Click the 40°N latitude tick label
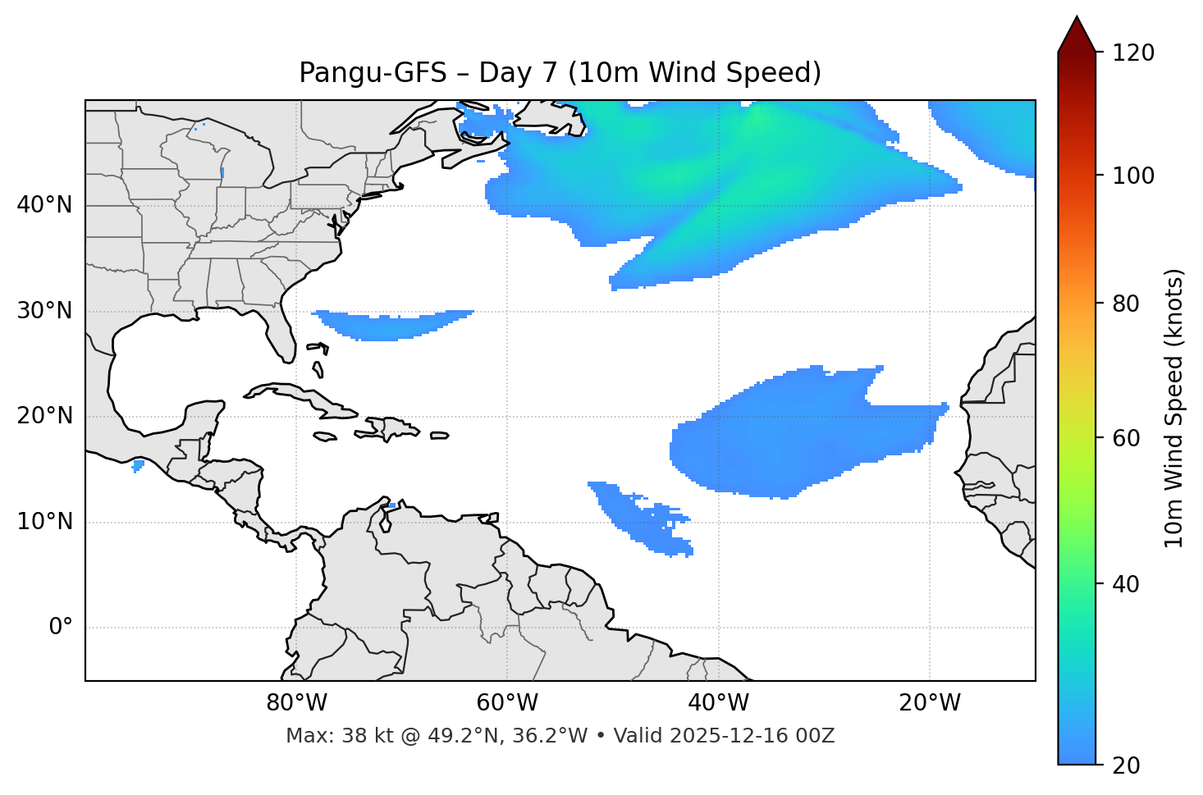click(x=44, y=205)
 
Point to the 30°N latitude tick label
click(x=44, y=311)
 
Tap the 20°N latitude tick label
click(x=44, y=416)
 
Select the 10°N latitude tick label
click(x=44, y=522)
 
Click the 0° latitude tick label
click(x=61, y=628)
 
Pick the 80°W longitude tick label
click(x=296, y=703)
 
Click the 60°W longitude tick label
click(x=507, y=703)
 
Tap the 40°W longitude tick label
click(x=718, y=703)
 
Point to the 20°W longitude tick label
click(x=929, y=703)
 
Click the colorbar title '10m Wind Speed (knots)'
click(x=1174, y=409)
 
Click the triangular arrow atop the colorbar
click(x=1077, y=35)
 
